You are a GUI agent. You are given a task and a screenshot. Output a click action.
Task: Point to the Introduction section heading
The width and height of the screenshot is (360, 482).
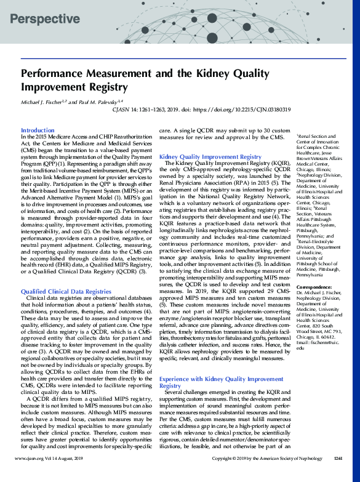click(38, 131)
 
